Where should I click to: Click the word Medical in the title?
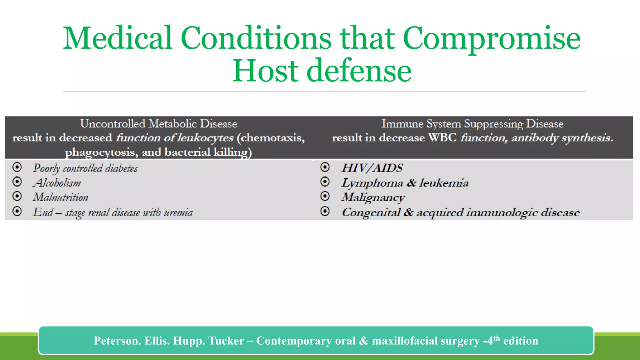[x=117, y=38]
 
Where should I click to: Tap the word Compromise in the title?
[x=492, y=38]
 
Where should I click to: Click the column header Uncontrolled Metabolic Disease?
[x=158, y=124]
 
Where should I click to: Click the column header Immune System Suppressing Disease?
[x=472, y=124]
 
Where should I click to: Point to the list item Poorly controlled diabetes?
[x=85, y=168]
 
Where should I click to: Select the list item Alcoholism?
[x=57, y=183]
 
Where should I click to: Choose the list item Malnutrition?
[x=61, y=197]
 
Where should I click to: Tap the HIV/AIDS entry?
[x=372, y=168]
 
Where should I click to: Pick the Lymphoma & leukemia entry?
[x=405, y=183]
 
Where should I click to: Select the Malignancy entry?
[x=373, y=197]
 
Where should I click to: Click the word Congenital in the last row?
[x=371, y=212]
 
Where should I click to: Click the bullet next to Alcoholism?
[x=17, y=182]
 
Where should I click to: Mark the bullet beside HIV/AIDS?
[x=325, y=167]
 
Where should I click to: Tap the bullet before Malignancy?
[x=325, y=196]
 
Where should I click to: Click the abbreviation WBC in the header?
[x=442, y=138]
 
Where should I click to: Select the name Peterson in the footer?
[x=117, y=341]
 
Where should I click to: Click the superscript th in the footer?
[x=497, y=338]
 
